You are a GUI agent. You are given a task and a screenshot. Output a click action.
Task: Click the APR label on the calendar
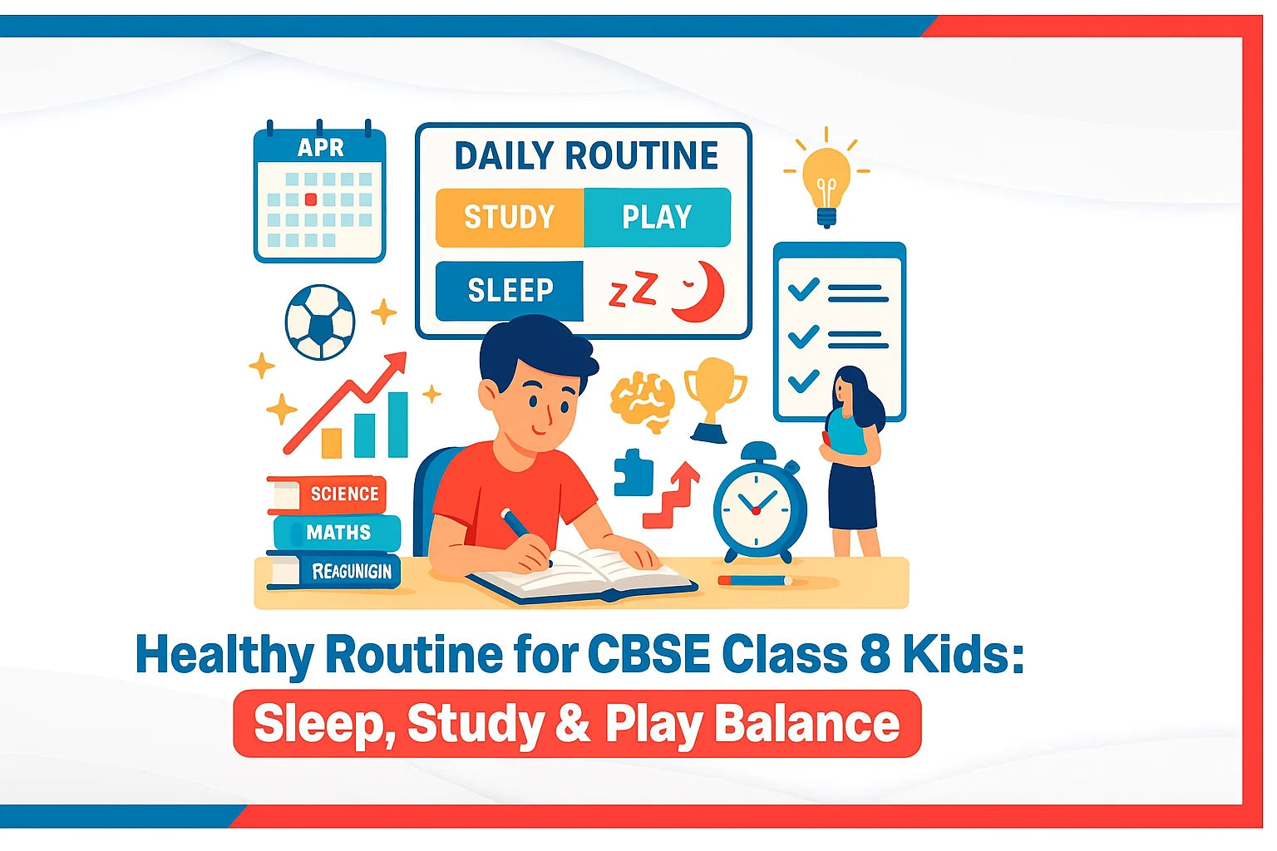(x=320, y=148)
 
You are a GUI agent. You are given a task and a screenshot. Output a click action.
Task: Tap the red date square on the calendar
(x=311, y=199)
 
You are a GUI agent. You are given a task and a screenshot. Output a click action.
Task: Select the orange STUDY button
(x=509, y=218)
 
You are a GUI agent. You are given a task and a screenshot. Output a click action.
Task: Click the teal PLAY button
(x=657, y=218)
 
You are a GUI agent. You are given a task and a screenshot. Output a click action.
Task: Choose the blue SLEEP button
(x=510, y=290)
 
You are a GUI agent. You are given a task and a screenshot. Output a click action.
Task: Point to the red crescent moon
(x=700, y=293)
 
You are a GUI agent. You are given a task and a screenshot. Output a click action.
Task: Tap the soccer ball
(x=320, y=322)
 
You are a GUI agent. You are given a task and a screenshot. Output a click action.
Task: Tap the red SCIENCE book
(x=328, y=494)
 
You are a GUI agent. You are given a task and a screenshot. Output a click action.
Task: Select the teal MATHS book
(x=337, y=533)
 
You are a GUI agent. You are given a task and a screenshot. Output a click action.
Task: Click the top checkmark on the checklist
(x=803, y=288)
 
